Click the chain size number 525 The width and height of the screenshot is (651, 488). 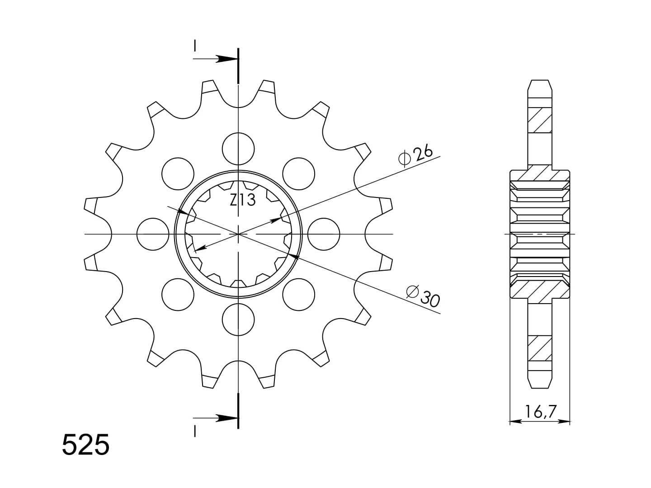coord(86,445)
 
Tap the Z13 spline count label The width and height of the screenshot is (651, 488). coord(243,200)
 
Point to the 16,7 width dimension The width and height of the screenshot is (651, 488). coord(540,412)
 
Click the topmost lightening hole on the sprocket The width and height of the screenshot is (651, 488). coord(238,149)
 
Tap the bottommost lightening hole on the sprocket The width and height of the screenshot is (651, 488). coord(238,319)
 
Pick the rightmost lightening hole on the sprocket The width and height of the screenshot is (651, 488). coord(324,234)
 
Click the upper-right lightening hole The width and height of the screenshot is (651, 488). coord(299,174)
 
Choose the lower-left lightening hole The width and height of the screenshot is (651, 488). coord(178,295)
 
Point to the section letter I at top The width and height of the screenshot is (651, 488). coord(194,46)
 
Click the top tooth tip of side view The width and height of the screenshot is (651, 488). coord(540,80)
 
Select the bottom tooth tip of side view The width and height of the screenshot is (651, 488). coord(540,388)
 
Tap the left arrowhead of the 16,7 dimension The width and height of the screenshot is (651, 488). coord(515,421)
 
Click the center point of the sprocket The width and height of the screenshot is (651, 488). coord(238,234)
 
